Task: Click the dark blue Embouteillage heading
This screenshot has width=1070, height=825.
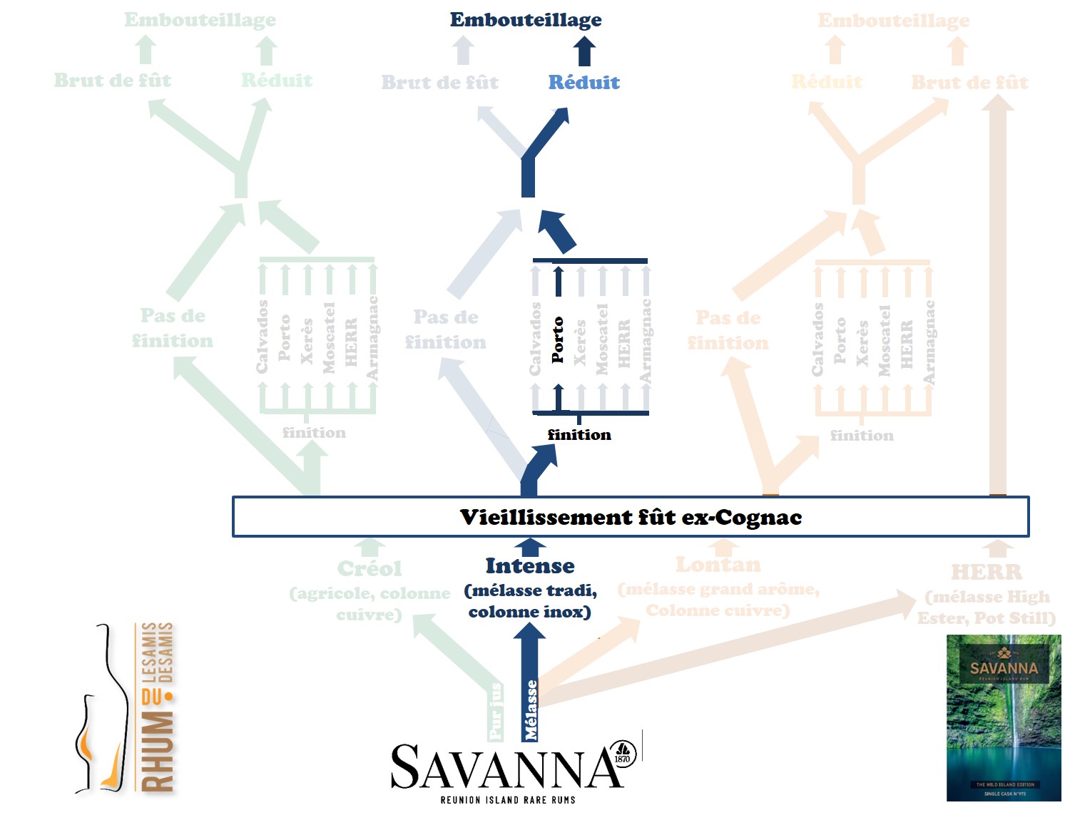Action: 526,20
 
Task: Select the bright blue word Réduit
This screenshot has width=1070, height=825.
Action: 584,83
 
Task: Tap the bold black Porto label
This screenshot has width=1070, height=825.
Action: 557,340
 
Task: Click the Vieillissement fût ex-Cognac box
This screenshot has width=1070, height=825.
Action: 631,517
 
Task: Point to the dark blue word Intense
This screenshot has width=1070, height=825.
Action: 529,566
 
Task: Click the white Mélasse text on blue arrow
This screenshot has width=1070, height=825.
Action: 531,710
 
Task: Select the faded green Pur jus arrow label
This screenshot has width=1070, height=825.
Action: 496,712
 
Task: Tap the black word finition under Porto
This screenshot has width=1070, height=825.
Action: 579,435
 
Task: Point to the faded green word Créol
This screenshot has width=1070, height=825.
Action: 370,569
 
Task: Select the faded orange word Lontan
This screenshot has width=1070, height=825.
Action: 718,565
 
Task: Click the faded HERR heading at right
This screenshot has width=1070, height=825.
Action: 987,572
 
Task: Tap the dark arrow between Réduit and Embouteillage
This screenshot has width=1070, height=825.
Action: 584,52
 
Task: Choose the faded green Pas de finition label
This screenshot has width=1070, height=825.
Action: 173,328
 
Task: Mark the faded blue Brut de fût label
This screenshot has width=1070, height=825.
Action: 440,83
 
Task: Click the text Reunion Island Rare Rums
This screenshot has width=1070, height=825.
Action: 508,800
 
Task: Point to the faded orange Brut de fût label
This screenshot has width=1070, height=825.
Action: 969,83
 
